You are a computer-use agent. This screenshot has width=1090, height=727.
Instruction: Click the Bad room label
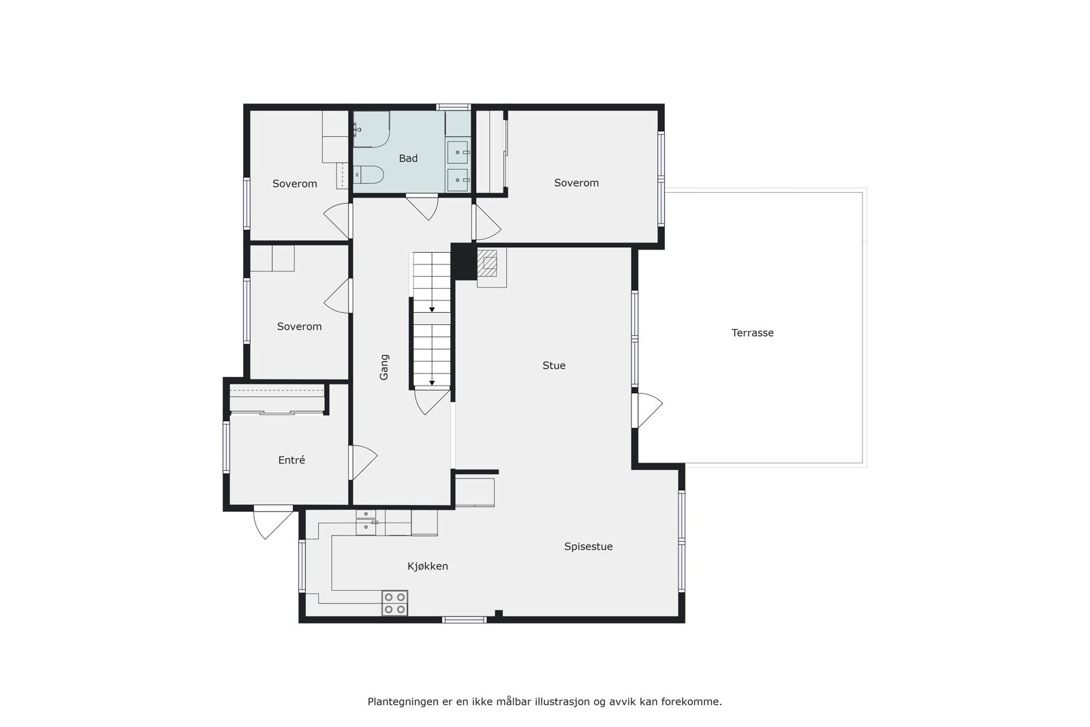pos(408,159)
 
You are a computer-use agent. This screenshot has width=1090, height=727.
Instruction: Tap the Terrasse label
pos(752,333)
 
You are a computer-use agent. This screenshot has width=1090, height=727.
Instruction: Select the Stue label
pos(554,366)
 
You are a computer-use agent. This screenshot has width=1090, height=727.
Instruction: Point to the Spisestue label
pos(588,546)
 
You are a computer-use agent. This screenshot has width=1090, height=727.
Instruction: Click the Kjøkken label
pos(427,566)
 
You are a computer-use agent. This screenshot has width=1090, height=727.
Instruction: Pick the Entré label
pos(292,461)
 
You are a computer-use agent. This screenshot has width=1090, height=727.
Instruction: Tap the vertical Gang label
pos(384,367)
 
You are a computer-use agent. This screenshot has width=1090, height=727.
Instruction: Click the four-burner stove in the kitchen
pos(394,603)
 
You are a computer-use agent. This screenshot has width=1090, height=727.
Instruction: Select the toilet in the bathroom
pos(368,175)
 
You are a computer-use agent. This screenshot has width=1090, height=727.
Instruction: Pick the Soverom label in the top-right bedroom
pos(576,183)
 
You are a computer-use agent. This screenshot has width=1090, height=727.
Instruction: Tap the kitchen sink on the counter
pos(366,521)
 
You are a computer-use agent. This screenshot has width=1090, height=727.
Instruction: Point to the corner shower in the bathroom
pos(371,129)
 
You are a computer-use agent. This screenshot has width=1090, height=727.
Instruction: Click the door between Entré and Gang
pos(362,462)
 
